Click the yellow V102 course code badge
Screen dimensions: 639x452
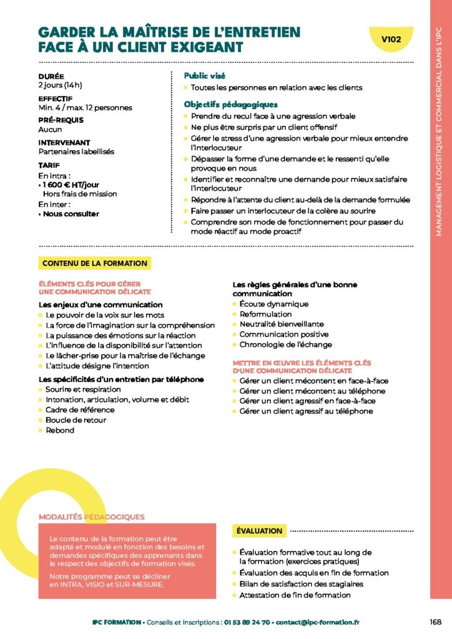click(x=391, y=39)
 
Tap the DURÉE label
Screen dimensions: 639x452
click(x=51, y=76)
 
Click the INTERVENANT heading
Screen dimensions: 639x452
click(x=64, y=142)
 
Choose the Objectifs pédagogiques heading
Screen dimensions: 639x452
click(x=230, y=104)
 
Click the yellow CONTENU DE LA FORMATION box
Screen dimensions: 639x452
click(x=95, y=263)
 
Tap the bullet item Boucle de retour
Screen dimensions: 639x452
click(x=76, y=420)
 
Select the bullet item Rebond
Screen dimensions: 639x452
click(x=60, y=431)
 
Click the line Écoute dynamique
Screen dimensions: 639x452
click(x=273, y=304)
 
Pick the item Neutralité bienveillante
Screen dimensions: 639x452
click(x=282, y=324)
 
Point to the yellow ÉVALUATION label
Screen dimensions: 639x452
click(x=259, y=531)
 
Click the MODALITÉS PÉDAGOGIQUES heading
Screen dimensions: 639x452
click(x=91, y=517)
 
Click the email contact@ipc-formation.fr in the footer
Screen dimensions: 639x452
click(x=317, y=622)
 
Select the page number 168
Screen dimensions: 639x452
click(x=435, y=622)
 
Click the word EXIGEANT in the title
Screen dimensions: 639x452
click(x=205, y=47)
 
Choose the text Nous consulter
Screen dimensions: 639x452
click(x=70, y=213)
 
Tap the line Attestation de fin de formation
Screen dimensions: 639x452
click(x=295, y=595)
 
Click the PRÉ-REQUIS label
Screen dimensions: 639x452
click(x=61, y=120)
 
